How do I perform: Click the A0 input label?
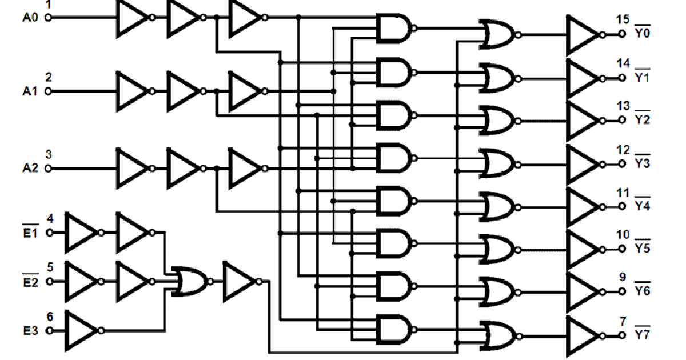tap(30, 18)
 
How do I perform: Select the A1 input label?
tap(30, 91)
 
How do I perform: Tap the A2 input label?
tap(30, 169)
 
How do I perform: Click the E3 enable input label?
tap(30, 331)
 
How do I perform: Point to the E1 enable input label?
tap(30, 233)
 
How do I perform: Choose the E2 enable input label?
tap(30, 282)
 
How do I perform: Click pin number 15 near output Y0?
tap(623, 21)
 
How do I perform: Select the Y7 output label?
tap(642, 334)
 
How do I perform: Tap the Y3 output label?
tap(642, 163)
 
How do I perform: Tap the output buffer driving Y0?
tap(583, 35)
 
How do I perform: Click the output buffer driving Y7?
tap(583, 335)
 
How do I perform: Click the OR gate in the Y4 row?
tap(498, 206)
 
